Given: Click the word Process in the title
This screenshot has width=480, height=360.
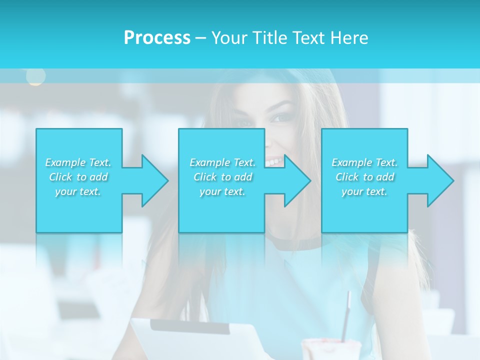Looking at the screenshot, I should click(x=157, y=38).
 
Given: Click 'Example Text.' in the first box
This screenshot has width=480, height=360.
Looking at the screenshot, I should click(x=78, y=162).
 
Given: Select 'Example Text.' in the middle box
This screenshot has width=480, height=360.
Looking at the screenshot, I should click(x=222, y=162).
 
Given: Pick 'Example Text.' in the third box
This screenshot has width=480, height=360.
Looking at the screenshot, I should click(x=364, y=162).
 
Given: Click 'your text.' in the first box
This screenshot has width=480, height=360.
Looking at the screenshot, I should click(x=78, y=191).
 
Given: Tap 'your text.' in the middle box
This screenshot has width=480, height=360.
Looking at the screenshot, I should click(x=222, y=191).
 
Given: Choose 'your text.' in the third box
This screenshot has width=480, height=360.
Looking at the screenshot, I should click(x=364, y=191).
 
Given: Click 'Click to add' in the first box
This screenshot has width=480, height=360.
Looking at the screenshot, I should click(x=78, y=177).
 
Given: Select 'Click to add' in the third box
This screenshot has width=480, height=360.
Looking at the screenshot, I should click(x=364, y=177).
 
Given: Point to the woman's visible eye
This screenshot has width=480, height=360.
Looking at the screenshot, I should click(x=280, y=118).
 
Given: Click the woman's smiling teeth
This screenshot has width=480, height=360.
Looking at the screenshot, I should click(x=273, y=161).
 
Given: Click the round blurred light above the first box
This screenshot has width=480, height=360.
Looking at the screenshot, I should click(x=35, y=76).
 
